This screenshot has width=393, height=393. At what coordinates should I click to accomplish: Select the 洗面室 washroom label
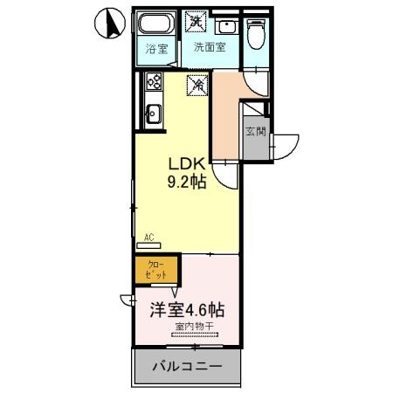coord(210,48)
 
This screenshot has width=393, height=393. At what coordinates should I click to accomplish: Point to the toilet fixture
coord(256,33)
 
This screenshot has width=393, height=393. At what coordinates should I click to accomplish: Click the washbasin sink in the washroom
coord(226,26)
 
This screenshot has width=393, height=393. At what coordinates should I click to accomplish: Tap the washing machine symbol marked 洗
coord(198,21)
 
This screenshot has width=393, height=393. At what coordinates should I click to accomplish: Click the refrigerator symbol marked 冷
coord(198,84)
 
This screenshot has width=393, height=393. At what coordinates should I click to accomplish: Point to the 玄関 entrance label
coord(256,132)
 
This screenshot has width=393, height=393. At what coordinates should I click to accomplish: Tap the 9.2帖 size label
coord(185,183)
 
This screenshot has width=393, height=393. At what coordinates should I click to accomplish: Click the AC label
coord(149,237)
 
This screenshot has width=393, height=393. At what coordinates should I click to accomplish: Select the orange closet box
coord(156,269)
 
